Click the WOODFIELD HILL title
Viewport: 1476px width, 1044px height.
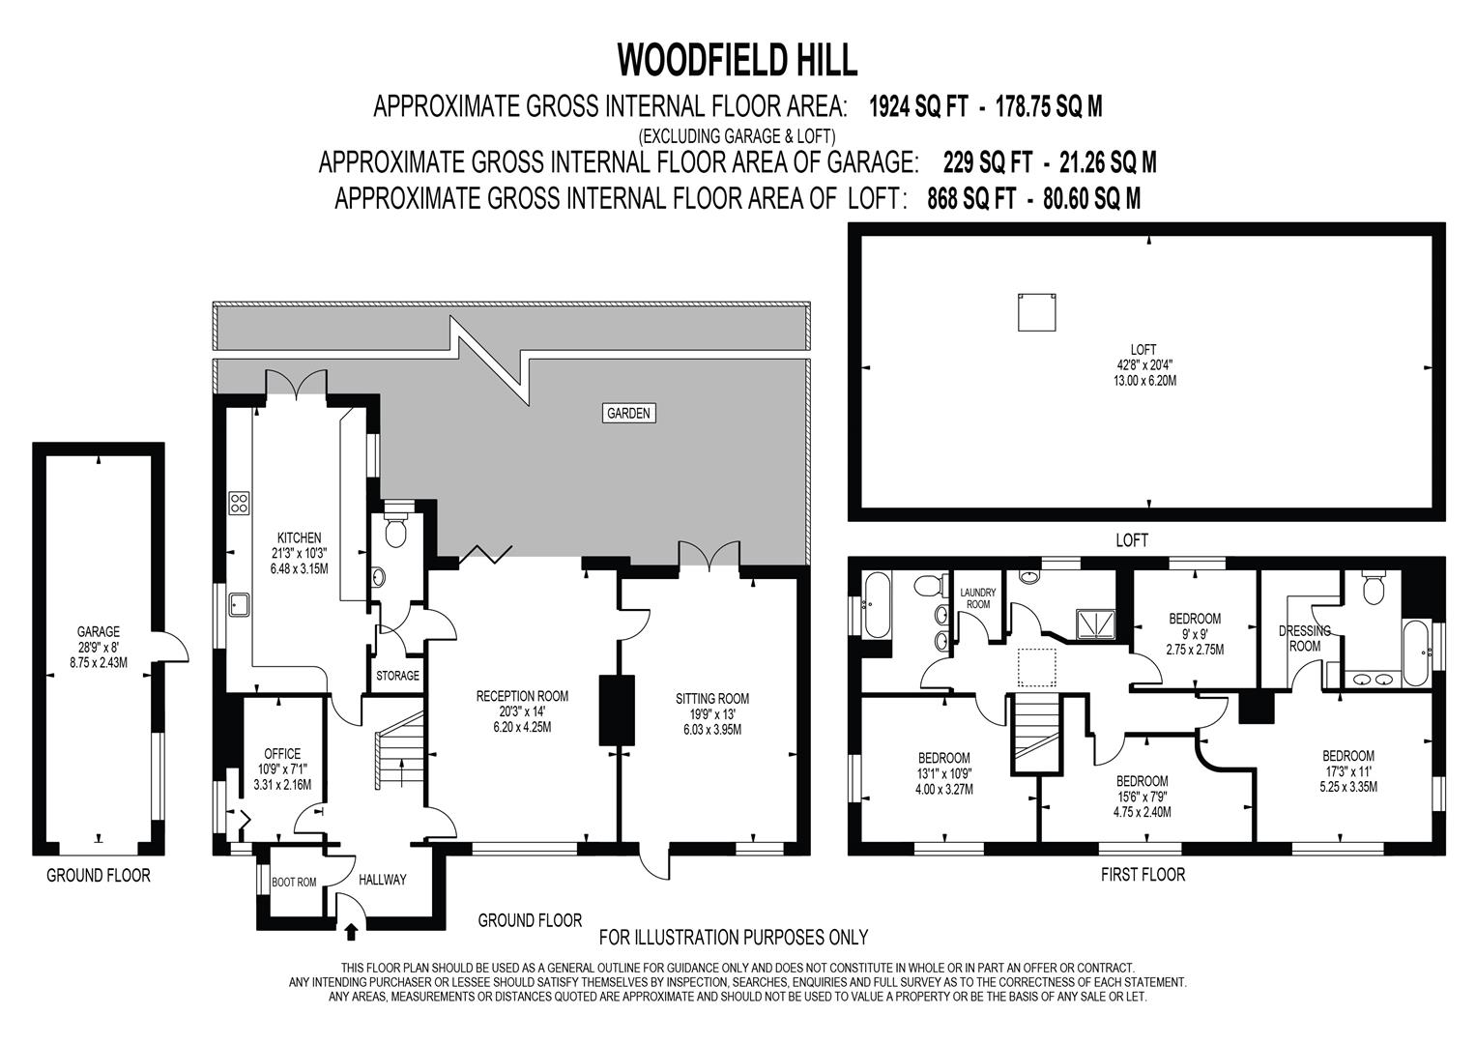pyautogui.click(x=737, y=60)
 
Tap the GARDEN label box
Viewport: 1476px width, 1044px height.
pyautogui.click(x=628, y=413)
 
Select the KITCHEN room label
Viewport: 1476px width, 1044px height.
pyautogui.click(x=299, y=537)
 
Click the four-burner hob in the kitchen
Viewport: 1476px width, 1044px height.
pyautogui.click(x=239, y=503)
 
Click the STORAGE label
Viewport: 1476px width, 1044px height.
pyautogui.click(x=397, y=676)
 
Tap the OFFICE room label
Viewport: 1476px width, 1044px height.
pyautogui.click(x=281, y=754)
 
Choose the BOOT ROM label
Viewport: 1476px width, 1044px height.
pyautogui.click(x=294, y=882)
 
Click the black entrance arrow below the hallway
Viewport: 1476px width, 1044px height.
pyautogui.click(x=350, y=932)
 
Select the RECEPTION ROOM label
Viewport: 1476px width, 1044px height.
pyautogui.click(x=522, y=696)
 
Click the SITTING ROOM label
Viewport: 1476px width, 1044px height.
pyautogui.click(x=711, y=699)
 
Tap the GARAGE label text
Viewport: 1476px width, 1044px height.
pyautogui.click(x=98, y=632)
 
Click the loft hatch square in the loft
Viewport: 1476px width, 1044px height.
pyautogui.click(x=1034, y=313)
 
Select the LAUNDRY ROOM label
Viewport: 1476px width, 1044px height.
pyautogui.click(x=978, y=598)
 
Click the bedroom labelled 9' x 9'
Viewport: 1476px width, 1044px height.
pyautogui.click(x=1195, y=619)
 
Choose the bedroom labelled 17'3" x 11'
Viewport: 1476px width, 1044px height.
pyautogui.click(x=1348, y=756)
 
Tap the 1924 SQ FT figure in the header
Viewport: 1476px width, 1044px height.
pyautogui.click(x=918, y=106)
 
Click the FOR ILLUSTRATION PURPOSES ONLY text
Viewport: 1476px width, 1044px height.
pyautogui.click(x=734, y=937)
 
